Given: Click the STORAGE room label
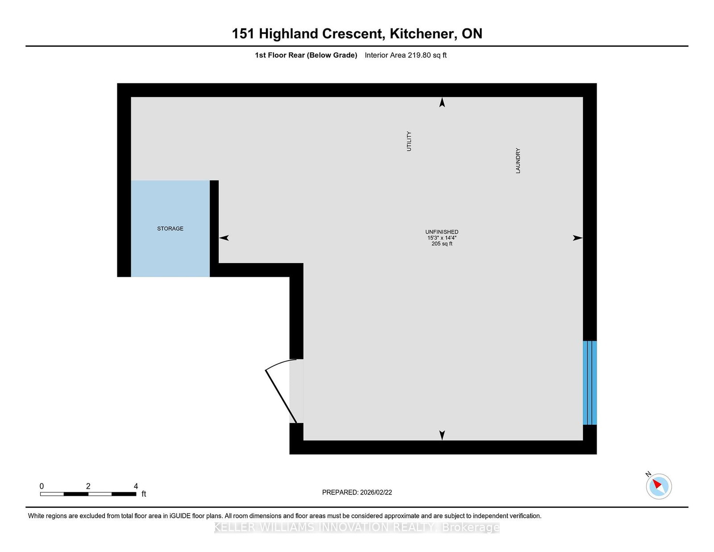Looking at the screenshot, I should pos(170,228).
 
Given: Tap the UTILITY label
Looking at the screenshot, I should pos(409,141).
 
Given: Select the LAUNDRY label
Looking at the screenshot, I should pos(518,161).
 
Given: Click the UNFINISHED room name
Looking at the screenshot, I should pos(442,232).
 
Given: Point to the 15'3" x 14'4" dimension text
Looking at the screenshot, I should pos(442,238).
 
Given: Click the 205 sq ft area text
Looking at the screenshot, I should pos(442,244).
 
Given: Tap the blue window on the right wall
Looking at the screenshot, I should pos(589,383).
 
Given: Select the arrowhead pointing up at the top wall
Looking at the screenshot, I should pos(442,103).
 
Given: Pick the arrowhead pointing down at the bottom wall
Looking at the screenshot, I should pos(442,435).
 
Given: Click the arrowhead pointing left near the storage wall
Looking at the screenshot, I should pos(224,238).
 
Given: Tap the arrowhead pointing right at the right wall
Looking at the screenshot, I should pos(577,238).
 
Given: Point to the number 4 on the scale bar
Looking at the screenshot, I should pos(136,486).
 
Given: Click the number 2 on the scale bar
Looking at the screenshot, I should pos(88,486).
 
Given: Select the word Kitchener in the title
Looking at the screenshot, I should pos(423,33).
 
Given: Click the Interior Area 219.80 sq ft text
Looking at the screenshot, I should pos(405,55).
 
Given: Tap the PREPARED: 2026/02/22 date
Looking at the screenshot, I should pos(357,492).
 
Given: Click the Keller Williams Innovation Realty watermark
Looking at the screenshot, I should pos(357,527).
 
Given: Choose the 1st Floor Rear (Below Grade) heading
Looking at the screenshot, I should pos(306,55).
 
